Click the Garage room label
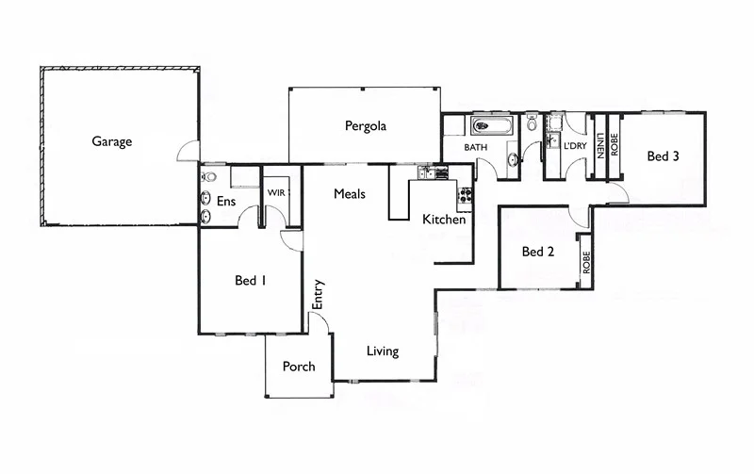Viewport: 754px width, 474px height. (x=111, y=142)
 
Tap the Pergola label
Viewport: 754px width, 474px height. (x=365, y=125)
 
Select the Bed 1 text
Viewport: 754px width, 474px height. (x=251, y=280)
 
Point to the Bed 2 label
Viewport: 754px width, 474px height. (x=537, y=252)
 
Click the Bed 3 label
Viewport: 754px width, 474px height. (x=663, y=156)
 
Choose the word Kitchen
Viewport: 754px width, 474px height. (x=443, y=220)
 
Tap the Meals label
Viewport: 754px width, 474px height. (x=350, y=194)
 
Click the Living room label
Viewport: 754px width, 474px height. (x=382, y=351)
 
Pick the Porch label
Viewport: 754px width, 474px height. (x=299, y=367)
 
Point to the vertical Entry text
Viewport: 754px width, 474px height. (x=318, y=293)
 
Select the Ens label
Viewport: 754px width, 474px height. (x=226, y=201)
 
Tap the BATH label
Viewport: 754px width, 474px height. (x=475, y=148)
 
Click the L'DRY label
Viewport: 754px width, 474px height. (x=575, y=146)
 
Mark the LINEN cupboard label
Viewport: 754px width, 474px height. (x=599, y=146)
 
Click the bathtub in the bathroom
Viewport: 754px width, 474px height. (x=491, y=124)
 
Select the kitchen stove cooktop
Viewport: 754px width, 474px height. (x=465, y=197)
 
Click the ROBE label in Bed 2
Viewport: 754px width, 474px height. (x=585, y=262)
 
